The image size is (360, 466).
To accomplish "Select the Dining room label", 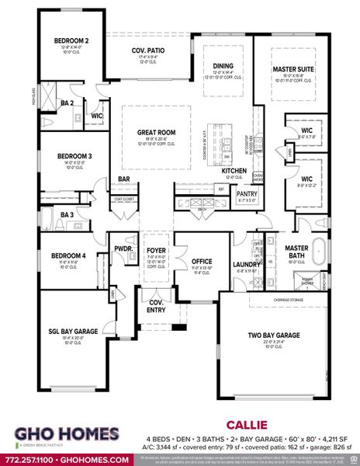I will pos(223,66).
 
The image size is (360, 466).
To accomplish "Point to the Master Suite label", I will pos(293,69).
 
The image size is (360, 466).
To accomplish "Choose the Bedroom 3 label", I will pos(74,156).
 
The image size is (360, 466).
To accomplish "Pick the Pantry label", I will pos(247,194).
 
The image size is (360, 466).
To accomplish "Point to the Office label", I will pos(202,262).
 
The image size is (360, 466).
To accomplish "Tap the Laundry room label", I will pos(246,265).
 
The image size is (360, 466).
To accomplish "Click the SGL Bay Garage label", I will pos(73,332).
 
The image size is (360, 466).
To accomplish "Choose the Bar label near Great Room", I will pos(123,179).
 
